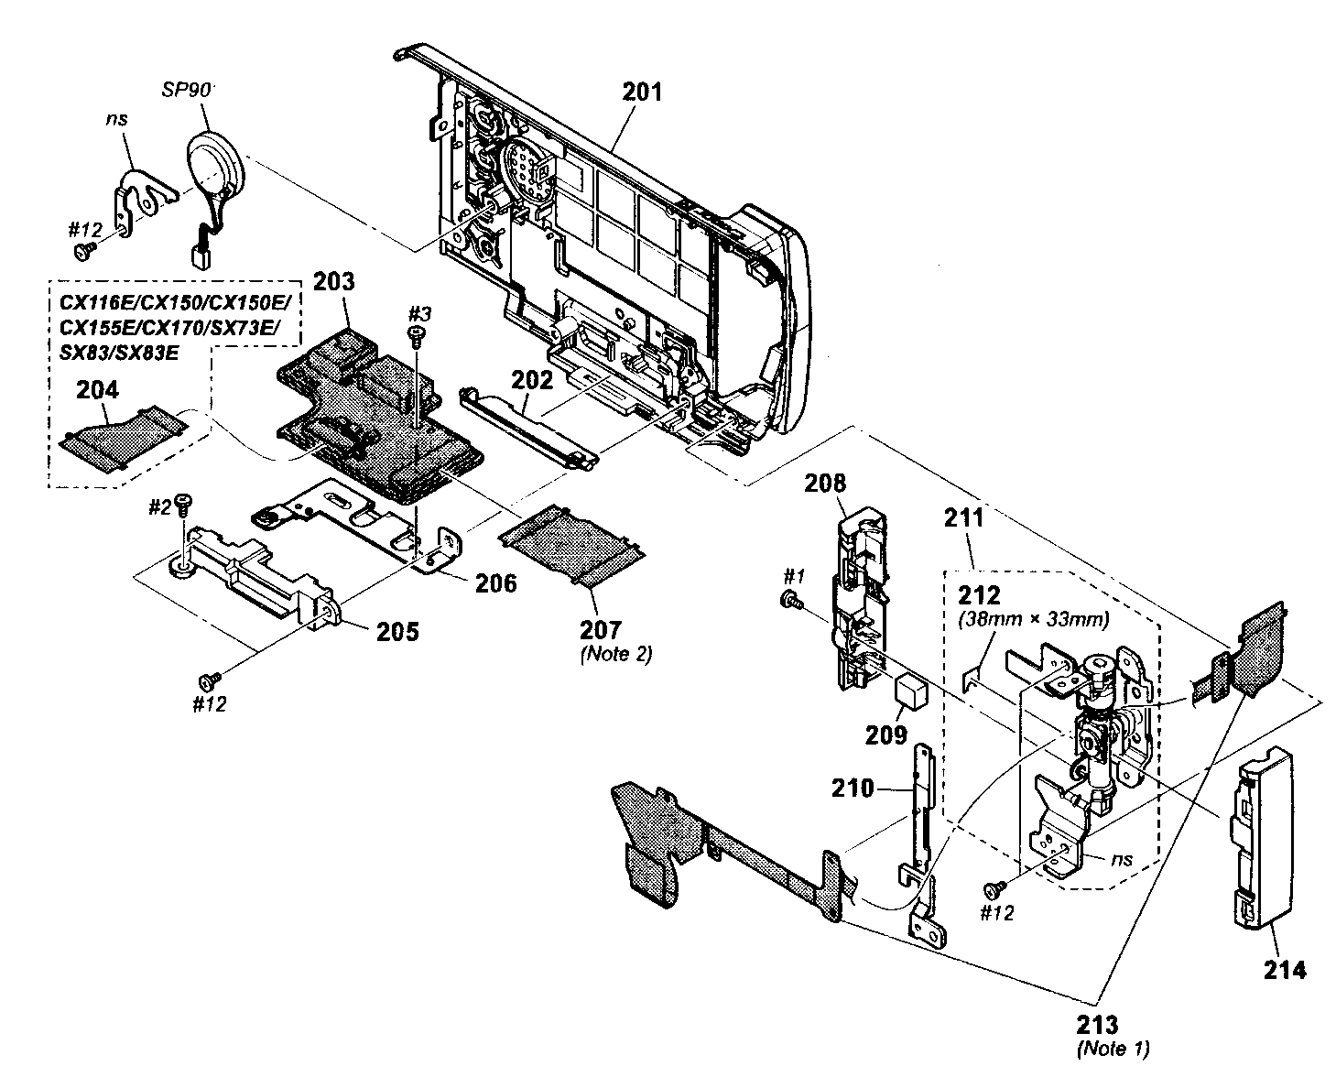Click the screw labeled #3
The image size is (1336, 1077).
click(x=418, y=338)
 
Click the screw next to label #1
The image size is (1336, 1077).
click(x=787, y=599)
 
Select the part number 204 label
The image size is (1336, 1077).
click(x=97, y=390)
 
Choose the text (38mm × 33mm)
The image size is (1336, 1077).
click(x=1033, y=620)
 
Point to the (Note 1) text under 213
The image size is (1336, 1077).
click(x=1113, y=1048)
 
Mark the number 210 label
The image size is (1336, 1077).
click(x=853, y=788)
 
